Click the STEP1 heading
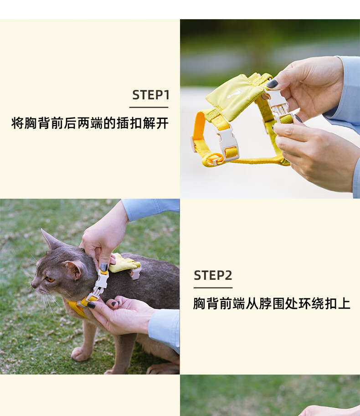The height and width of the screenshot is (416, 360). [151, 95]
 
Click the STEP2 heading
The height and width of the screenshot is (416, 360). [213, 275]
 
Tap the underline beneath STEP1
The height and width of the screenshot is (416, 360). [149, 108]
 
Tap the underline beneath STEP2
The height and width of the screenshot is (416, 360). [213, 288]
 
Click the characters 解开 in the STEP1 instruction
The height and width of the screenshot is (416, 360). [155, 123]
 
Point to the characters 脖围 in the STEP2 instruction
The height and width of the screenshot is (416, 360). [272, 303]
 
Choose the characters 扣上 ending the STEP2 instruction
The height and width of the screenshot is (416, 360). [338, 303]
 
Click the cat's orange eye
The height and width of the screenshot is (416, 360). [50, 279]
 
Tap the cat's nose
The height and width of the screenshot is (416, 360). [33, 285]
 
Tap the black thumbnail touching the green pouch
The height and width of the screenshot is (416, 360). [272, 83]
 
